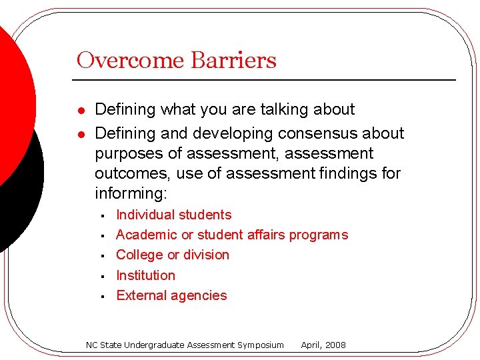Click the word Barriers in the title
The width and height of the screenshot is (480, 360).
pos(233,61)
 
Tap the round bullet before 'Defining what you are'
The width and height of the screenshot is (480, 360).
pos(80,110)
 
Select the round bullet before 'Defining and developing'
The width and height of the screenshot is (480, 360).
pos(80,134)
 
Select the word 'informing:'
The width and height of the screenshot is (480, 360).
pos(131,194)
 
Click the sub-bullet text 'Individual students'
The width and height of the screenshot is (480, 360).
pos(174,215)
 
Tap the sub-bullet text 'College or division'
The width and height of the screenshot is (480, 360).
pos(173,255)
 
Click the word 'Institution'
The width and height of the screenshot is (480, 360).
pos(145,275)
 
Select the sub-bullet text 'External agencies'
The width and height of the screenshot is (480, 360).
pos(171,295)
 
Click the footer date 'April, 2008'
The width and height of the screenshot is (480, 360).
pos(323,345)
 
